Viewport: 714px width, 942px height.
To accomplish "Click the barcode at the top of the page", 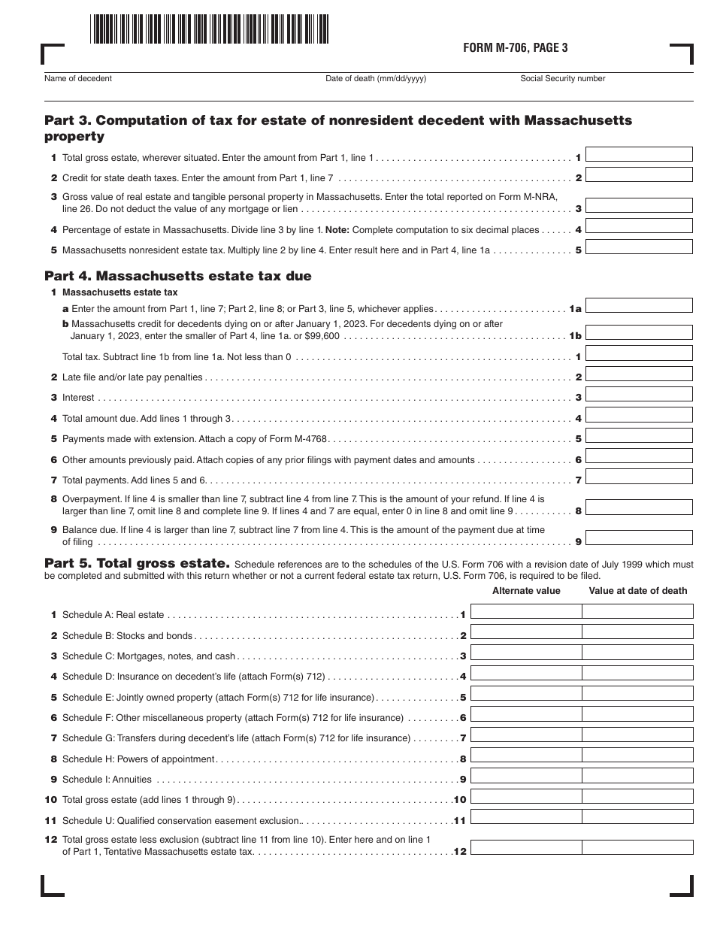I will pyautogui.click(x=210, y=29).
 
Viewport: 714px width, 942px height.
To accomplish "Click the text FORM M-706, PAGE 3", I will pyautogui.click(x=516, y=48).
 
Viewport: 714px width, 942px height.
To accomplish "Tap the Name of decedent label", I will pyautogui.click(x=78, y=78).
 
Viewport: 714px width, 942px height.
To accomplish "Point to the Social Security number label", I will pyautogui.click(x=562, y=78).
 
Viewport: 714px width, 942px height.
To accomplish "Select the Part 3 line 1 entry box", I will pyautogui.click(x=639, y=155).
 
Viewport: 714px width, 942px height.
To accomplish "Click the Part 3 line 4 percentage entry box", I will pyautogui.click(x=639, y=226).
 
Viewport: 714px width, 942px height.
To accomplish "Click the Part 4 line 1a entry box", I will pyautogui.click(x=639, y=305).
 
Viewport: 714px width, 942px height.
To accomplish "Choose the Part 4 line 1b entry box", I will pyautogui.click(x=639, y=333).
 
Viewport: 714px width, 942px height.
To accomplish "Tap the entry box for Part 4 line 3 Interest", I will pyautogui.click(x=639, y=395).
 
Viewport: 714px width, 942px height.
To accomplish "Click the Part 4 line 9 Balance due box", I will pyautogui.click(x=639, y=538).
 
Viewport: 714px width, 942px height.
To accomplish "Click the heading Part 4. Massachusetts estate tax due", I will pyautogui.click(x=178, y=276).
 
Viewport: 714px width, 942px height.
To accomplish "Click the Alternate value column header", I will pyautogui.click(x=526, y=591).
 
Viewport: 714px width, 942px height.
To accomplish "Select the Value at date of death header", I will pyautogui.click(x=637, y=591).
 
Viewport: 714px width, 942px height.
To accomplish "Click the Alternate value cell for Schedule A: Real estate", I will pyautogui.click(x=526, y=612).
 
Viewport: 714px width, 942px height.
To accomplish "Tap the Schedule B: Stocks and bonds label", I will pyautogui.click(x=127, y=636).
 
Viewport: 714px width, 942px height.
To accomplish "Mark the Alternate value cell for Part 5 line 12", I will pyautogui.click(x=526, y=848).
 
